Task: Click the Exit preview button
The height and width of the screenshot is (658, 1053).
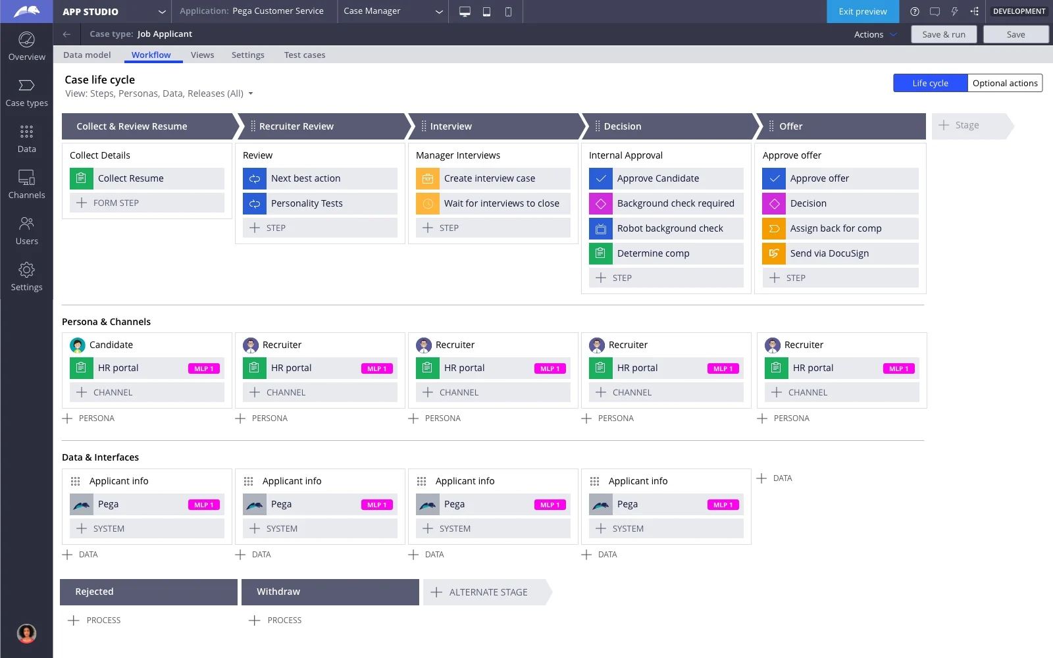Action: (862, 11)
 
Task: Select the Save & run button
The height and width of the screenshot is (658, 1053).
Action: (943, 34)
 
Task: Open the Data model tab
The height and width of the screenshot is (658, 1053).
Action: (87, 55)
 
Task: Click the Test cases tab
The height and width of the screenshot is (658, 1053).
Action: (304, 55)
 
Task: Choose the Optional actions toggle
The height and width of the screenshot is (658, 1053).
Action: (1004, 83)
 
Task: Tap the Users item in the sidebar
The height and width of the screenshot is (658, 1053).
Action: (26, 231)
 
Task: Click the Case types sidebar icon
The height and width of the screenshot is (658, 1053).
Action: (26, 93)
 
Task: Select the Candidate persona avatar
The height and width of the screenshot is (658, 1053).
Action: (78, 345)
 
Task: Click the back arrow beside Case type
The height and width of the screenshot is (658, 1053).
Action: (66, 34)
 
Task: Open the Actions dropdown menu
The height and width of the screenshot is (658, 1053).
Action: (875, 34)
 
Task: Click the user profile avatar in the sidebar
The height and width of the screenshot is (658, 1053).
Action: (26, 633)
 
